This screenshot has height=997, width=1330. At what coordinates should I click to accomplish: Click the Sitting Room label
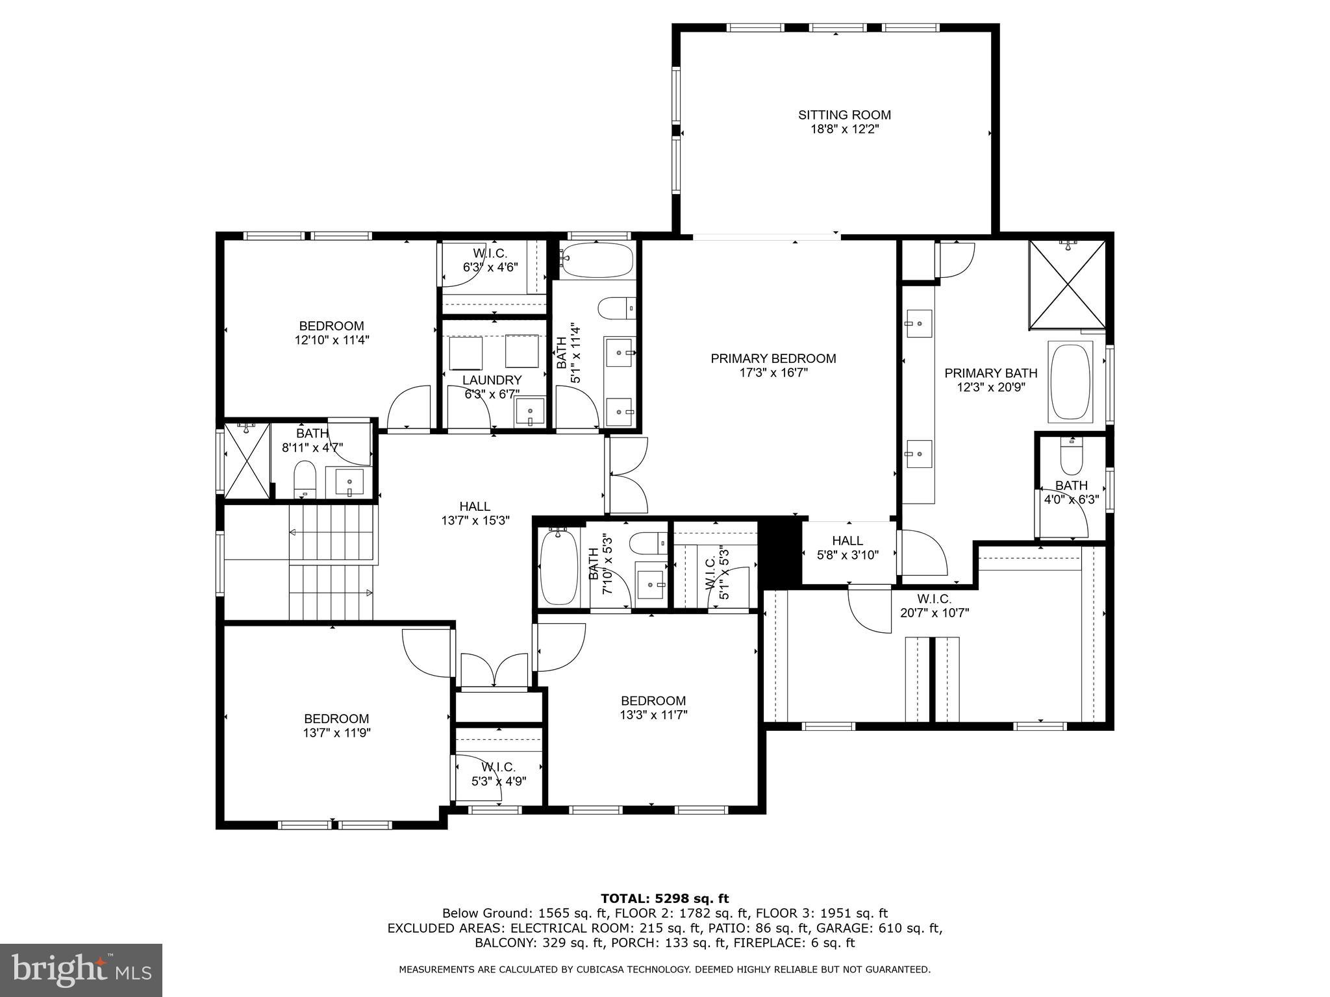coord(844,115)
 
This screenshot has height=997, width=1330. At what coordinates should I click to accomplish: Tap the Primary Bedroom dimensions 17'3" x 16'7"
coord(773,373)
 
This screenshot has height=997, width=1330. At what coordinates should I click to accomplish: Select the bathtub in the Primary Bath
coord(1070,382)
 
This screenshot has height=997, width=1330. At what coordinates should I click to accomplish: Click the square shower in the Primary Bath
coord(1068,284)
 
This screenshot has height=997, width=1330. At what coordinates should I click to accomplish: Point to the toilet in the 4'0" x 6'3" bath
coord(1070,458)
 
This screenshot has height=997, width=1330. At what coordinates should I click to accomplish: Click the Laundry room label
coord(492,380)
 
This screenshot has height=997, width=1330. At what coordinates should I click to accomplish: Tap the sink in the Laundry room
coord(529,412)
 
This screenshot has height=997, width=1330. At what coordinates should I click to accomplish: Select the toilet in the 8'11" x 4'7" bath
coord(305,478)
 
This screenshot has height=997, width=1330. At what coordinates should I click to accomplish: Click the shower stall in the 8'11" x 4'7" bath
coord(246,460)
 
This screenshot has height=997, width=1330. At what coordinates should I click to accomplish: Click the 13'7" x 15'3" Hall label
coord(475,506)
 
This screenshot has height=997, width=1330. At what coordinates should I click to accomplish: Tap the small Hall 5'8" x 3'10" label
coord(847,541)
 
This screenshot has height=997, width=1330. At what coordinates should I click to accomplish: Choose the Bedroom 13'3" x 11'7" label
coord(653,701)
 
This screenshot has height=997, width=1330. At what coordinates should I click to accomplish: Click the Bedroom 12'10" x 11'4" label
coord(331,326)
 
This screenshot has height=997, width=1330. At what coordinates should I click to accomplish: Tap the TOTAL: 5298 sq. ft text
coord(664,898)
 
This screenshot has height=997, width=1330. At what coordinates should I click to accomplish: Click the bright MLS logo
coord(81,970)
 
